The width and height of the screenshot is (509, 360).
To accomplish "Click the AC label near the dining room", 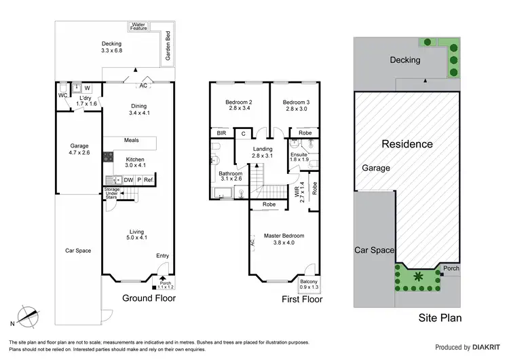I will [x=143, y=86].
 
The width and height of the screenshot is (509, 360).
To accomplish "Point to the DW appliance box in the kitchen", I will [x=128, y=180].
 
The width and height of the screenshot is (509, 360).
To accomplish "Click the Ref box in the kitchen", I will [x=148, y=180].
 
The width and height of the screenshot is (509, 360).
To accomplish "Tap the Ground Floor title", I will [x=149, y=298].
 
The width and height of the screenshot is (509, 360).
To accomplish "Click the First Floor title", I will [x=301, y=299].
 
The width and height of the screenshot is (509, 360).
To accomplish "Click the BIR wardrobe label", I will [x=221, y=134].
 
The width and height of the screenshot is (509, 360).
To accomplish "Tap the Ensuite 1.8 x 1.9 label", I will [x=300, y=156].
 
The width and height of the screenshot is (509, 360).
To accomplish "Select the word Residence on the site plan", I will [x=407, y=144].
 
